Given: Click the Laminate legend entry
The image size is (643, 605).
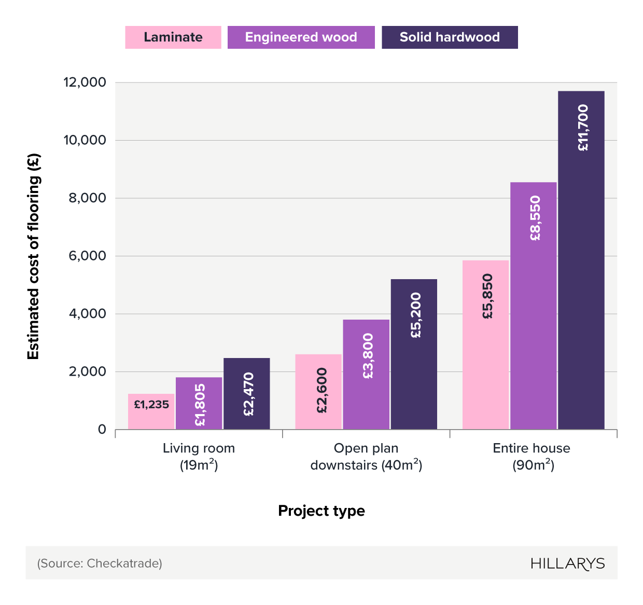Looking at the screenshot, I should tap(173, 37).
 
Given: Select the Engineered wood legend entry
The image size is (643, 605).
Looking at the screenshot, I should tap(301, 37).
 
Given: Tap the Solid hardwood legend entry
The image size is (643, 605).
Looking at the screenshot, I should tap(450, 37).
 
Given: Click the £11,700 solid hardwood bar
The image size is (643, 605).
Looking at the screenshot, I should tap(581, 259).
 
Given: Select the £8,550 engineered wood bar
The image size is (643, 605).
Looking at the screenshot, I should tap(533, 306).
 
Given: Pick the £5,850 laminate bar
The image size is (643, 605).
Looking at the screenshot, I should tap(485, 345).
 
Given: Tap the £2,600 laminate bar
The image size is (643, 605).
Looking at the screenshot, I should tap(318, 392).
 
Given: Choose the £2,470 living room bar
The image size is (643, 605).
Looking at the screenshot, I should tap(247, 394).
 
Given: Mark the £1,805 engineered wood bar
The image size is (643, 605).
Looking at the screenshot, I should tap(199, 403).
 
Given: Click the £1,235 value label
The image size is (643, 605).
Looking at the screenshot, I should tap(151, 405).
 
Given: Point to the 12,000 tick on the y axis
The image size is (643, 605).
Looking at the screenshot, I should tap(85, 82).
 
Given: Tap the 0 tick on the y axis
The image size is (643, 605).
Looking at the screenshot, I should tap(102, 430).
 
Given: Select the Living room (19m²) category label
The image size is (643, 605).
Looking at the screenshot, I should tap(199, 457).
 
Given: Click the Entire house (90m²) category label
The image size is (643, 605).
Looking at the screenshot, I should tap(532, 457).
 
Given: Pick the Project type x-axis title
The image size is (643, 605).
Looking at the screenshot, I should tap(321, 511).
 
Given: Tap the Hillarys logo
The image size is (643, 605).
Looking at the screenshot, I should tap(567, 563).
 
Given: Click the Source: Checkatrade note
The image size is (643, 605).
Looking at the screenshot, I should tap(100, 563).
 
